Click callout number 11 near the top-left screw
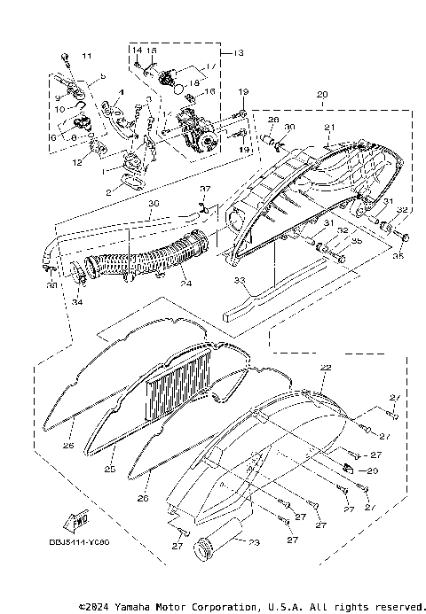click(x=86, y=58)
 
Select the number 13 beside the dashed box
click(x=238, y=53)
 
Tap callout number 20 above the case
click(x=321, y=95)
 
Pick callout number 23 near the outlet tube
click(x=255, y=543)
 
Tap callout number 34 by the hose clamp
click(x=76, y=303)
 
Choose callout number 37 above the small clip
click(x=203, y=190)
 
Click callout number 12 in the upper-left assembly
click(x=77, y=162)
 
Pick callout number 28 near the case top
click(x=272, y=120)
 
